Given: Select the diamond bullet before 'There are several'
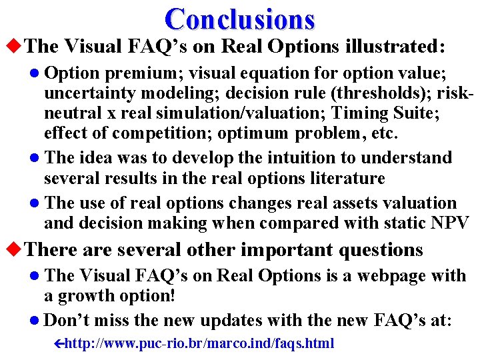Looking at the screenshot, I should (13, 250).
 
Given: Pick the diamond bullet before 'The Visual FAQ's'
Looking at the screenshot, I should (13, 46).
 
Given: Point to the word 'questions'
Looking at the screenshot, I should (381, 250).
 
